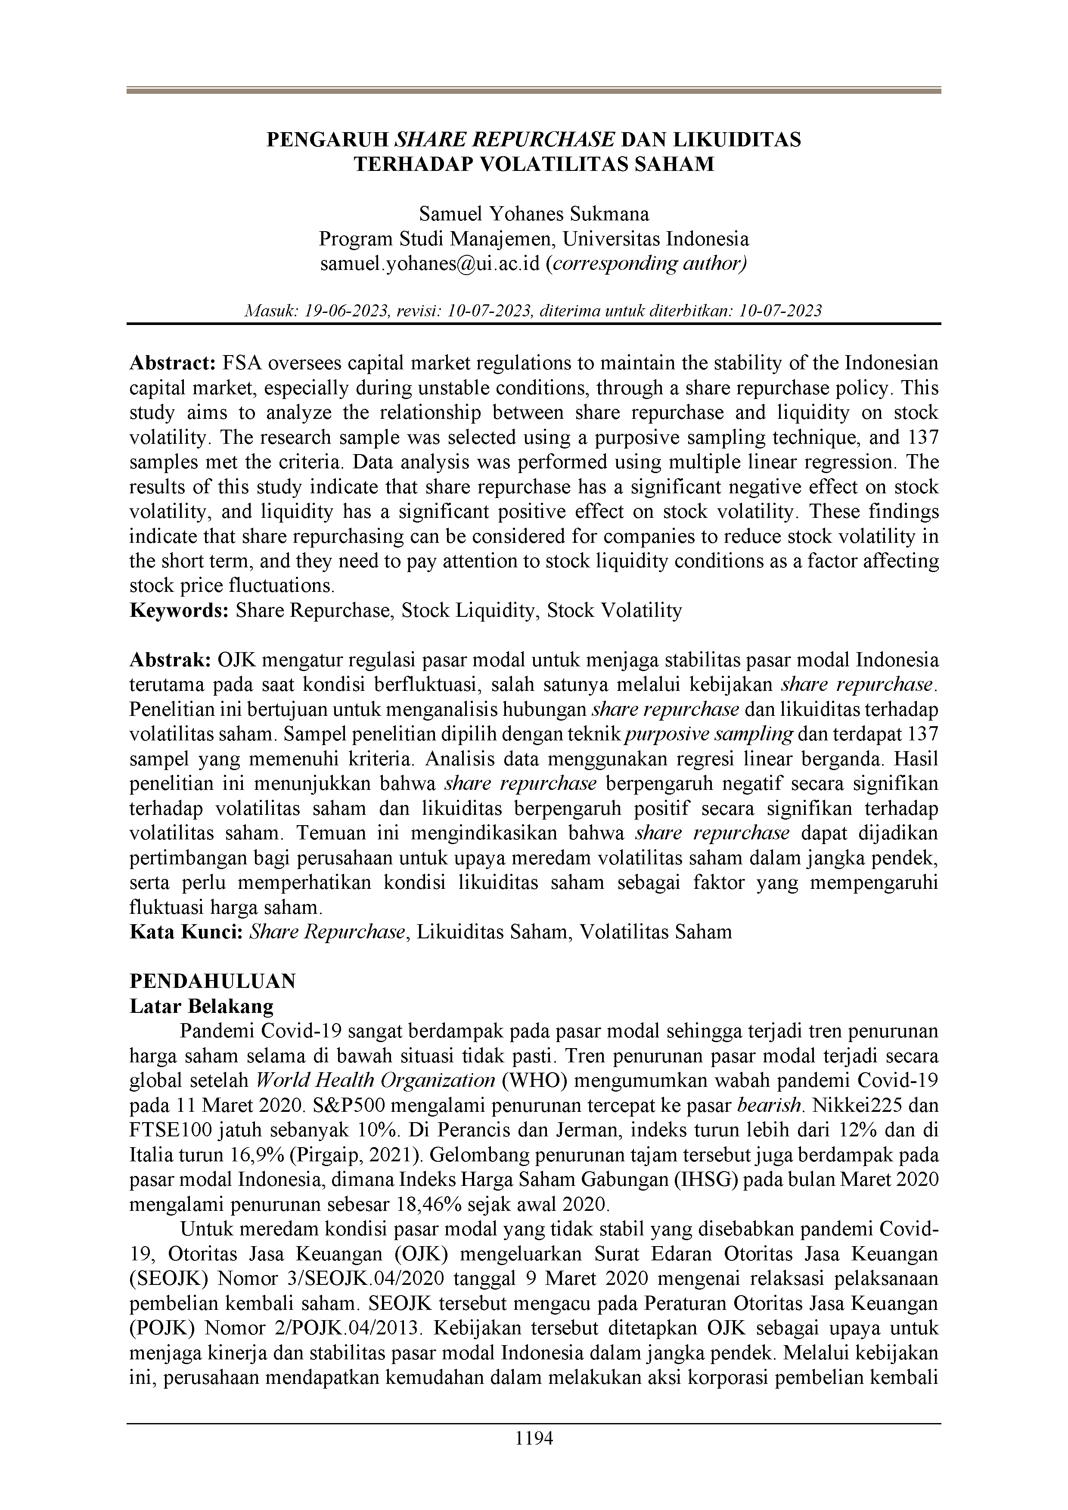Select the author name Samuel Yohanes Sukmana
[534, 214]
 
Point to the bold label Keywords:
[179, 610]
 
